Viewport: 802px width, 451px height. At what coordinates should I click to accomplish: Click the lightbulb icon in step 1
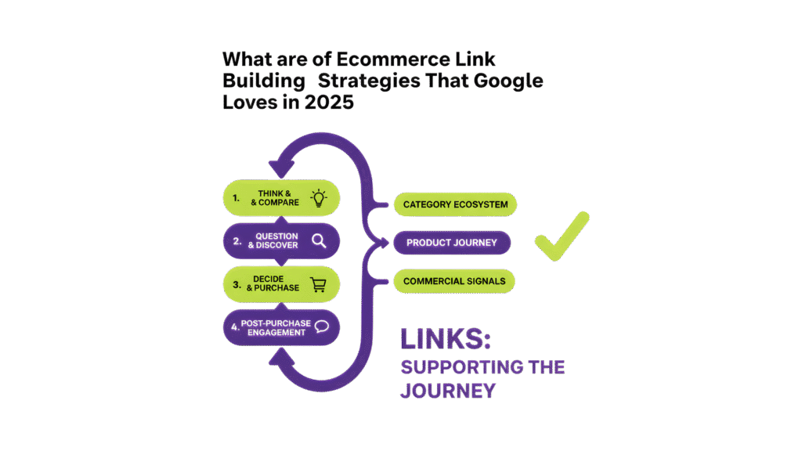click(x=318, y=197)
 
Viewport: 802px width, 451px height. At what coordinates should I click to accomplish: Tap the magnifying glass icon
click(x=318, y=241)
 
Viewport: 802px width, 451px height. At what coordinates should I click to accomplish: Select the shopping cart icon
click(x=318, y=284)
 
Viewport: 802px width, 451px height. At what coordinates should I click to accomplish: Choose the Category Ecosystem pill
click(x=455, y=205)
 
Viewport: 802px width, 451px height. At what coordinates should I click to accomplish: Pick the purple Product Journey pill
click(x=452, y=243)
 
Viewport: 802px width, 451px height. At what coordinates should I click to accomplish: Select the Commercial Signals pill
click(x=454, y=281)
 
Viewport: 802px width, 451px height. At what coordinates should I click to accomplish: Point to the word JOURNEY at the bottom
click(x=447, y=390)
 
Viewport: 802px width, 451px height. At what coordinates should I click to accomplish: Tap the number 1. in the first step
click(x=236, y=197)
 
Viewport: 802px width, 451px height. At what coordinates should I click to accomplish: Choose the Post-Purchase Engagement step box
click(x=281, y=327)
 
